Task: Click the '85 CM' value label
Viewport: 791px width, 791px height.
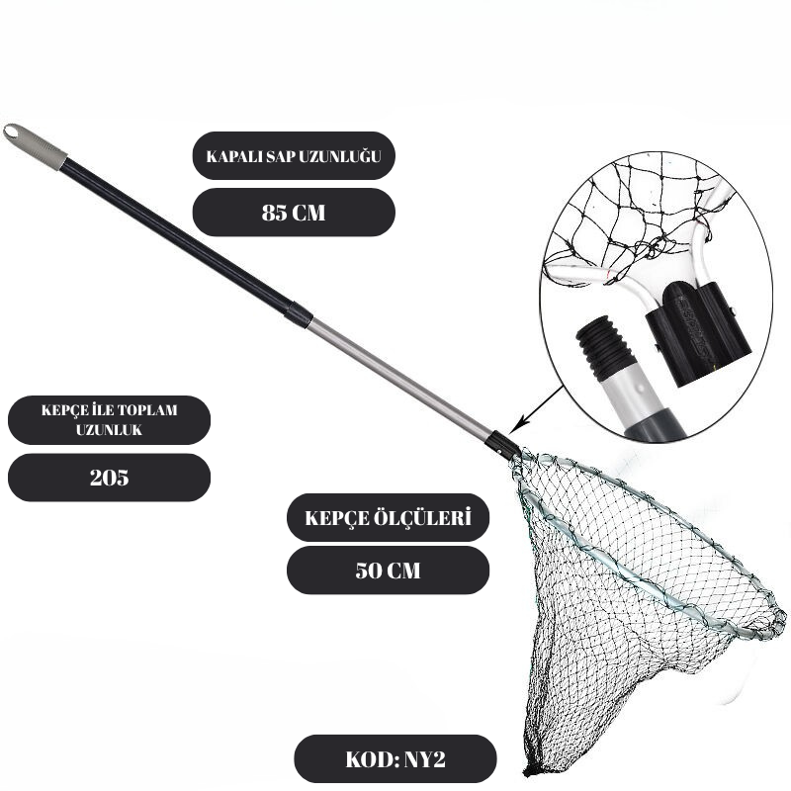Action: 294,213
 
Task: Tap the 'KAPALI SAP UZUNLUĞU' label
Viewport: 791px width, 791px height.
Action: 294,156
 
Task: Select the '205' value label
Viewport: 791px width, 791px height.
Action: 109,478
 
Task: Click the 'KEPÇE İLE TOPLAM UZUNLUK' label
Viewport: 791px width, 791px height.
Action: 109,419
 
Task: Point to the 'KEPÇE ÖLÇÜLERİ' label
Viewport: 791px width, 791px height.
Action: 388,517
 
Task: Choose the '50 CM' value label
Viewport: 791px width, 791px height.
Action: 388,571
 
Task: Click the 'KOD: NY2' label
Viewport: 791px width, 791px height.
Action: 395,758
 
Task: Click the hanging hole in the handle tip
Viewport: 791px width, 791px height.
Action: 12,132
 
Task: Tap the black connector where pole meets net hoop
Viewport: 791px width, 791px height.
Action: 502,444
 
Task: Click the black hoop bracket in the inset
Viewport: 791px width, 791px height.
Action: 698,333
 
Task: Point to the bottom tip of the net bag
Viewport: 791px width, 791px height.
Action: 529,771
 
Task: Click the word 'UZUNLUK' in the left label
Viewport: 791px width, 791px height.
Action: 109,430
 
